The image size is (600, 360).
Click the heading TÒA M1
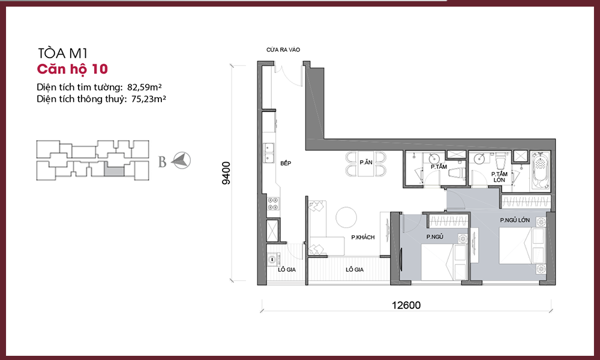(63, 53)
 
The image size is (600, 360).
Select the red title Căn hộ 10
(73, 69)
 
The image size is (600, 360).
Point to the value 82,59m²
(144, 87)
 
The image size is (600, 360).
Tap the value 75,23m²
(148, 99)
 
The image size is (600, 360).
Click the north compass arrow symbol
(181, 160)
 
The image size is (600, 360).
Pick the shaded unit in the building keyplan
(115, 169)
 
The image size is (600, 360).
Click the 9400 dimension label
(227, 173)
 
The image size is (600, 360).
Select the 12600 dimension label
(406, 305)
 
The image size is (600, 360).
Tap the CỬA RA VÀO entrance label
(283, 50)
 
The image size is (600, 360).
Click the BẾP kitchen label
(286, 163)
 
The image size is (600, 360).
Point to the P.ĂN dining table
(366, 164)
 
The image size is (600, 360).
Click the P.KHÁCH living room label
(363, 237)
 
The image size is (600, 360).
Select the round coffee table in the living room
(346, 217)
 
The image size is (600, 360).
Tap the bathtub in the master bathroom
(541, 171)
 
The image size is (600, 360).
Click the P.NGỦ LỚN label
(515, 220)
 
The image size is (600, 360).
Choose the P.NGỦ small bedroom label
(434, 237)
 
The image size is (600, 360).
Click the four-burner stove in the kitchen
(273, 203)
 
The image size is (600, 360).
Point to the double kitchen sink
(268, 152)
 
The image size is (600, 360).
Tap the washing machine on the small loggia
(272, 259)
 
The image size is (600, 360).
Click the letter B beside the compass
(162, 162)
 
